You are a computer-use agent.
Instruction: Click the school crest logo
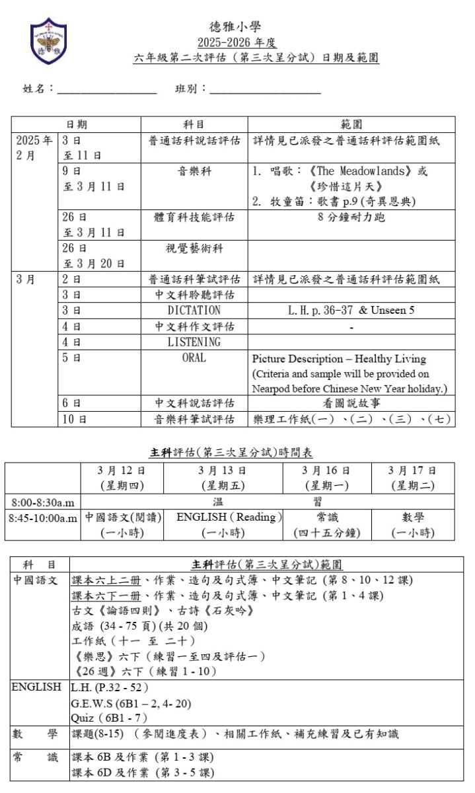pyautogui.click(x=48, y=40)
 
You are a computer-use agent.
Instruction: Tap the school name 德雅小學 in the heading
pyautogui.click(x=235, y=27)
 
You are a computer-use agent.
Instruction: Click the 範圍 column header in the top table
pyautogui.click(x=351, y=124)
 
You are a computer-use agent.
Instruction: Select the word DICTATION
pyautogui.click(x=194, y=310)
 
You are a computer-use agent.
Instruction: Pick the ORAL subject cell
pyautogui.click(x=194, y=358)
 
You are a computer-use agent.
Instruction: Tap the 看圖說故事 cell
pyautogui.click(x=351, y=403)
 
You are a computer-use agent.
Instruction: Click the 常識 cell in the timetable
pyautogui.click(x=326, y=517)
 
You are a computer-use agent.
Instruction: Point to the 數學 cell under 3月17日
pyautogui.click(x=412, y=517)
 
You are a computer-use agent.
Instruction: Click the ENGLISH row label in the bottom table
pyautogui.click(x=37, y=687)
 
